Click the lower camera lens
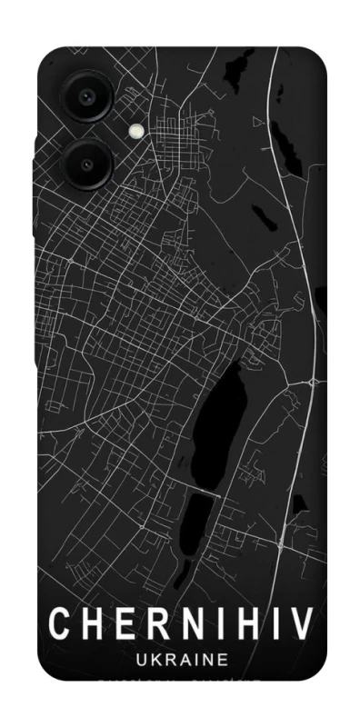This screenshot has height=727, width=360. (x=86, y=164)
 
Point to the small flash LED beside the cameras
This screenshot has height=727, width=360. (x=136, y=130)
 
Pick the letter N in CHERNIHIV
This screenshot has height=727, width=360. (x=179, y=624)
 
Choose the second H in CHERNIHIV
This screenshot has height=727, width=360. (x=239, y=624)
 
